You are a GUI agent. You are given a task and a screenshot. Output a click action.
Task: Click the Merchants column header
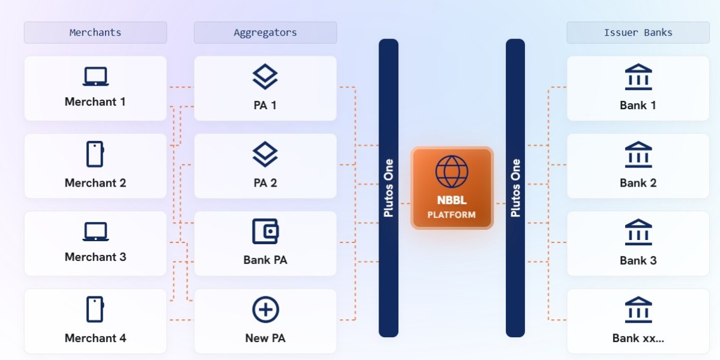coord(95,32)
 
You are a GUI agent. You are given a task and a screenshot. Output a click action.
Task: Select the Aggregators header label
coord(265,32)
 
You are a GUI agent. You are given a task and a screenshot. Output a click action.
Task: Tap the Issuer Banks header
coord(638,32)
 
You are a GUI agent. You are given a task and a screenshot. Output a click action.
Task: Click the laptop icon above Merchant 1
coord(95,76)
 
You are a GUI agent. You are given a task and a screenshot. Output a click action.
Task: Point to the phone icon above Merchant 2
coord(95,154)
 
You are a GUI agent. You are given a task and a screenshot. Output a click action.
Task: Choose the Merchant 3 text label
coord(95,257)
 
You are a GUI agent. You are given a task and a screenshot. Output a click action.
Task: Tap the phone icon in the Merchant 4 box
coord(95,309)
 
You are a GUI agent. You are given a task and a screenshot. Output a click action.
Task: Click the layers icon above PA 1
coord(265,77)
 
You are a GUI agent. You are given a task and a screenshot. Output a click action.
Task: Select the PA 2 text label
coord(265,183)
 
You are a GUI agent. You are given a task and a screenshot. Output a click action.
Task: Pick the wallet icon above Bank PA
coord(265,232)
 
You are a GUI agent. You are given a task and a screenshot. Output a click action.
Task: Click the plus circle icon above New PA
coord(265,310)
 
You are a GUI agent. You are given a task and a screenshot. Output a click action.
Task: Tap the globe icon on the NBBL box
coord(452,172)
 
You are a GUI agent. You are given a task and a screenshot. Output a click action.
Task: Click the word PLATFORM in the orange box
coord(452,215)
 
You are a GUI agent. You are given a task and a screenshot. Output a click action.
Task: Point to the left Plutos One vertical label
coord(389,188)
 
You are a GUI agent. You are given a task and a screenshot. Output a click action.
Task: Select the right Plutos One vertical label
coord(515,188)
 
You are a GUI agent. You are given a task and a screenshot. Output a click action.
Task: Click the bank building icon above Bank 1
coord(638,77)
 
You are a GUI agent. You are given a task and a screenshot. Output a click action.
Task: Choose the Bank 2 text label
coord(638,183)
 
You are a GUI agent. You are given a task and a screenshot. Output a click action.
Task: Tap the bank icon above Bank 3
coord(638,232)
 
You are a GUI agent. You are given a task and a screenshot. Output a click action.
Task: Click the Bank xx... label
coord(638,338)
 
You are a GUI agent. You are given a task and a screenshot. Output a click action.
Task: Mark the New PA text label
coord(265,338)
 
